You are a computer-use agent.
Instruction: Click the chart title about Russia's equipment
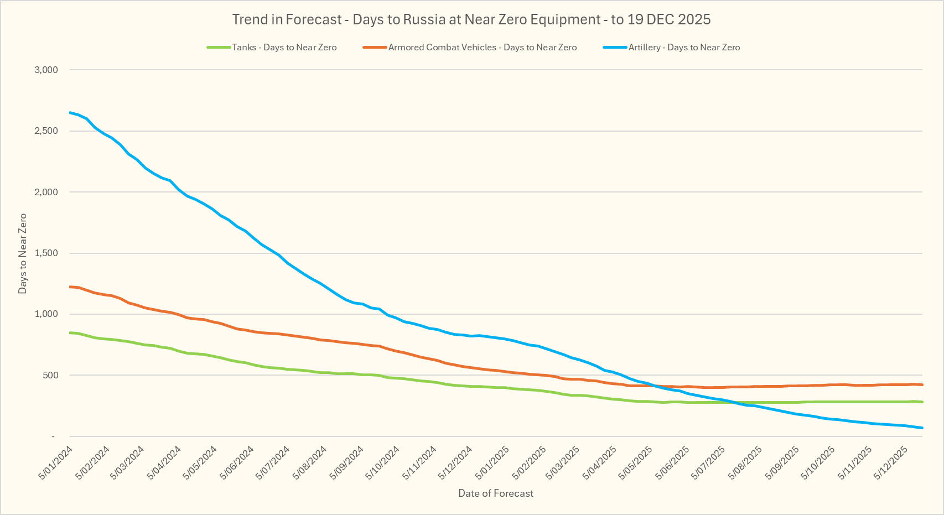[x=471, y=19]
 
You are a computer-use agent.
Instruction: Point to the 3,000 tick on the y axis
[x=46, y=70]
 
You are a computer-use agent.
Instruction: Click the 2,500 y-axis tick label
[x=46, y=131]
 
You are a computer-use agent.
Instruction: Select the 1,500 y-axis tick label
[x=46, y=253]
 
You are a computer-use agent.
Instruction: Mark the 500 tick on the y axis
[x=50, y=375]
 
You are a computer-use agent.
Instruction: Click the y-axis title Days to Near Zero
[x=23, y=253]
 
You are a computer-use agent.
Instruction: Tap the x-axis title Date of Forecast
[x=496, y=493]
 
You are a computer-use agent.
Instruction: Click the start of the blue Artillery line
[x=70, y=113]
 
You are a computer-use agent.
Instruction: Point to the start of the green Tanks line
[x=70, y=332]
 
